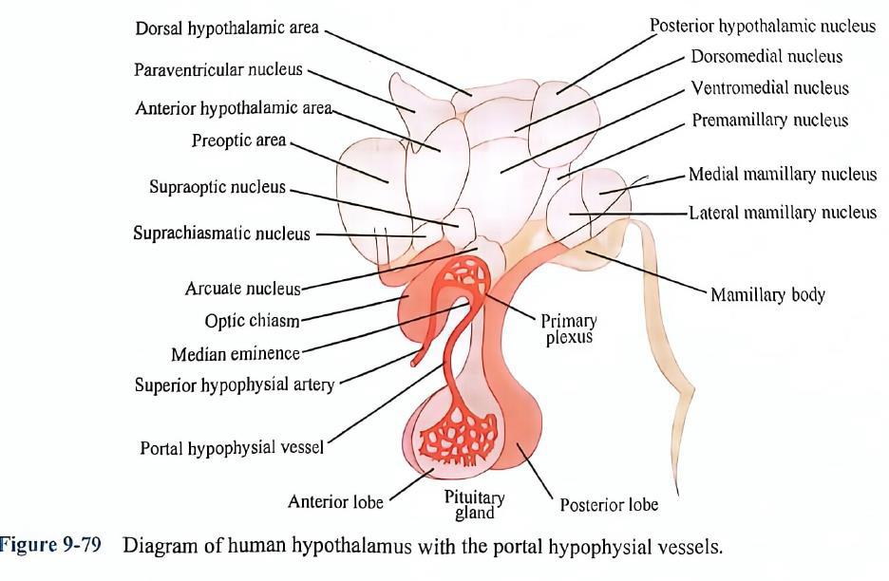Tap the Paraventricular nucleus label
[x=218, y=69]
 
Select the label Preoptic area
[x=238, y=141]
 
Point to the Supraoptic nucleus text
[x=217, y=187]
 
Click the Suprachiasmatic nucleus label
[x=221, y=234]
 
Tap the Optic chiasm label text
[x=252, y=321]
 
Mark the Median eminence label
[x=235, y=354]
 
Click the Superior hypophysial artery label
[x=235, y=385]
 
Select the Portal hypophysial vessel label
[x=231, y=447]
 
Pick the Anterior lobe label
[x=335, y=501]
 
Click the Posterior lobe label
[x=608, y=505]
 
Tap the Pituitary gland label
[x=474, y=505]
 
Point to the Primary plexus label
[x=569, y=328]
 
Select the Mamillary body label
[x=767, y=294]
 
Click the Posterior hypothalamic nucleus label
[x=763, y=26]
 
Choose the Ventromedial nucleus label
[x=769, y=88]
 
